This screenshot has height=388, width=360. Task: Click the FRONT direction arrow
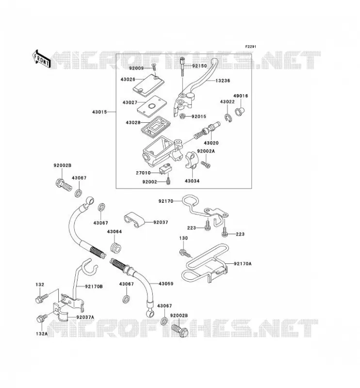[x=41, y=59]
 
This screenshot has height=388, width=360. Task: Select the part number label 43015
[x=99, y=112]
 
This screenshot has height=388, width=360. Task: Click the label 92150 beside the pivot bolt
[x=199, y=66]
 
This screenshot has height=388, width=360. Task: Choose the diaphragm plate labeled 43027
[x=152, y=106]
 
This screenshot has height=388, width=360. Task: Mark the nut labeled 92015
[x=182, y=115]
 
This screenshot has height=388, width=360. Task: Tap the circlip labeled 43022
[x=228, y=118]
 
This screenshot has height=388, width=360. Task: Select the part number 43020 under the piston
[x=211, y=143]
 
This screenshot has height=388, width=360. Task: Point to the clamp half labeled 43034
[x=191, y=161]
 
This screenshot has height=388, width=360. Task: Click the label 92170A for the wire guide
[x=243, y=264]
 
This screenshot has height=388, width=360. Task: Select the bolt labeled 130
[x=185, y=253]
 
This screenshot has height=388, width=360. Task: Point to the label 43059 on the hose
[x=166, y=284]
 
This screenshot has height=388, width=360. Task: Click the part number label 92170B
[x=94, y=287]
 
